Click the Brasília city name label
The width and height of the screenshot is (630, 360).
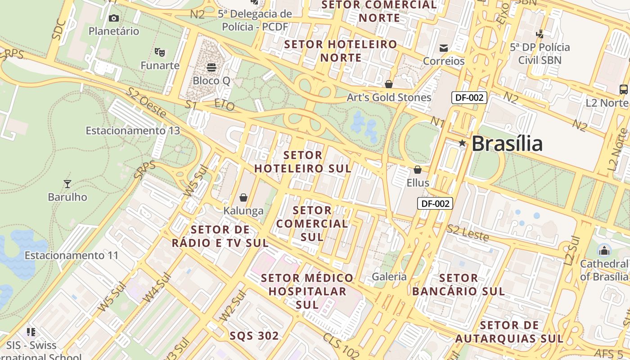click(507, 144)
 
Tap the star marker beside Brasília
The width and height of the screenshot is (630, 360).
click(462, 143)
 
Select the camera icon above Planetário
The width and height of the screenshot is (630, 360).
click(114, 18)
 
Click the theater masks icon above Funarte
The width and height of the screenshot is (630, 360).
click(160, 52)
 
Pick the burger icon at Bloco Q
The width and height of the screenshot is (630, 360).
click(211, 67)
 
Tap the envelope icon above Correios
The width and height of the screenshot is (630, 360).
click(444, 48)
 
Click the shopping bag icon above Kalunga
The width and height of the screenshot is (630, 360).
click(243, 198)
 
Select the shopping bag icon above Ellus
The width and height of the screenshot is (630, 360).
click(418, 170)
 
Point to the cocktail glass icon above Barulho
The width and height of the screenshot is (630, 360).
click(67, 184)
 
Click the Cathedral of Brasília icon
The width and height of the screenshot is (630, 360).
click(604, 250)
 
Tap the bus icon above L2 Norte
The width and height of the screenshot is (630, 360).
click(623, 89)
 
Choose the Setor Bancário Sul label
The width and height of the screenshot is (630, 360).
click(458, 284)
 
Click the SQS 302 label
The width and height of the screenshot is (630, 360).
click(254, 336)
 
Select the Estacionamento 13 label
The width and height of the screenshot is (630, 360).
click(133, 130)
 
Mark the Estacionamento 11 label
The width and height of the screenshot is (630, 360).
click(72, 255)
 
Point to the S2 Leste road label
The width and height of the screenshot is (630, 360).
click(468, 233)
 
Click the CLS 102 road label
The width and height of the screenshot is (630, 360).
click(341, 346)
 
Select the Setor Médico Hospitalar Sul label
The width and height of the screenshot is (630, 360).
click(308, 291)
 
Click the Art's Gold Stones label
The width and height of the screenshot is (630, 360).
click(389, 97)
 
